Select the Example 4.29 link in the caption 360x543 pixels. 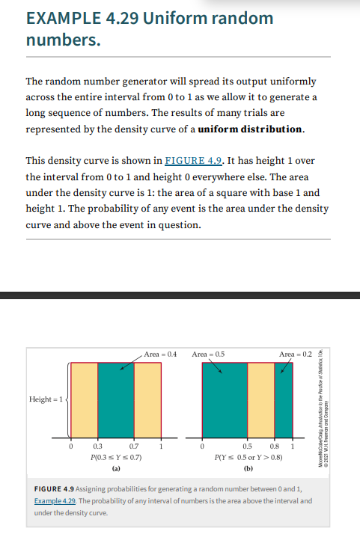(60, 500)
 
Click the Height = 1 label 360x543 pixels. (47, 399)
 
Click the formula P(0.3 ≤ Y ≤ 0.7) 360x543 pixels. (115, 455)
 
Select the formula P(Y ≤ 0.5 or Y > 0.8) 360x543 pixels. (247, 455)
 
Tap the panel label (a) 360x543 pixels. (115, 467)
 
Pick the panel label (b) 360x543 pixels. (247, 467)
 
